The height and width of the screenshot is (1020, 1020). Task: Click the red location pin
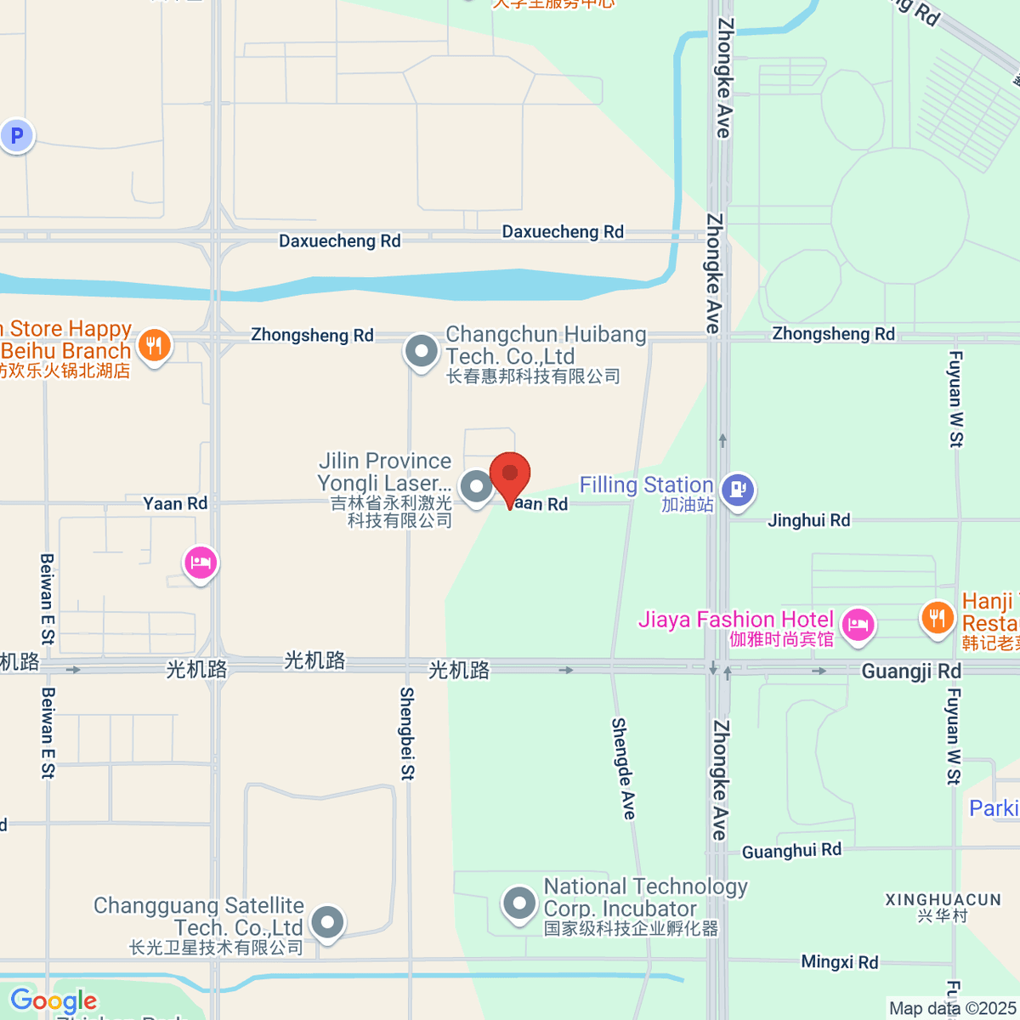point(510,476)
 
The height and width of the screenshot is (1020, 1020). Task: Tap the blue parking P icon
point(17,135)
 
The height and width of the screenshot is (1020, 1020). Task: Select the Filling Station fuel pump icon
point(737,490)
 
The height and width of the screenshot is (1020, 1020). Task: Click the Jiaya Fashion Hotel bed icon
point(858,626)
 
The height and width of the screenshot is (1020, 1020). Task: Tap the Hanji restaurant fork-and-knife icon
point(937,617)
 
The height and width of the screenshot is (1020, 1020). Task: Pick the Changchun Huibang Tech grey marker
point(421,351)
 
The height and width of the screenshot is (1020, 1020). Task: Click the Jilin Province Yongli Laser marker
point(476,487)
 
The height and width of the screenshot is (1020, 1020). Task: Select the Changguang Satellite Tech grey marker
point(326,921)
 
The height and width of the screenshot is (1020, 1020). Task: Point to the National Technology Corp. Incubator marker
point(518,904)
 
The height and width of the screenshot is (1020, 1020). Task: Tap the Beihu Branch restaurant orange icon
point(154,345)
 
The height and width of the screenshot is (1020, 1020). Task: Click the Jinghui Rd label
point(808,520)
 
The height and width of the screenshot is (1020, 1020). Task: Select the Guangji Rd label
point(910,671)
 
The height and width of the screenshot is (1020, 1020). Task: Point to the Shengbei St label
point(407,733)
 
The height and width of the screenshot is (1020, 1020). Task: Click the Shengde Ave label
point(623,768)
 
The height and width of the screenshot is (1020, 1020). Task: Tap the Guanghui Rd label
point(791,851)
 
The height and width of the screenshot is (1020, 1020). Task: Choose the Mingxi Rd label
point(839,962)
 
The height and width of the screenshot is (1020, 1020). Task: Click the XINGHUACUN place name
point(943,899)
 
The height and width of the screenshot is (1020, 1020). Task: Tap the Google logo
point(54,1000)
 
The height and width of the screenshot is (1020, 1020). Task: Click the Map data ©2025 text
point(952,1008)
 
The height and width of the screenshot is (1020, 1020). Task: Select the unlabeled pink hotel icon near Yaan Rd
point(201,563)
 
